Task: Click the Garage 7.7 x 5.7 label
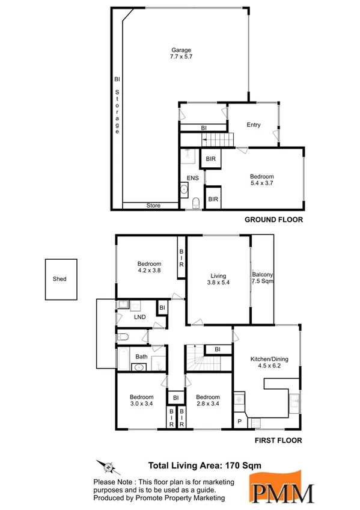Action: point(181,53)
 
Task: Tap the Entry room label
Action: point(254,124)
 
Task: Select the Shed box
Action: point(60,279)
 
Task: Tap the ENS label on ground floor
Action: point(192,178)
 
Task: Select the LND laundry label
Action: point(139,316)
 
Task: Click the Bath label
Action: point(141,357)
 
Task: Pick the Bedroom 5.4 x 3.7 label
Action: point(262,180)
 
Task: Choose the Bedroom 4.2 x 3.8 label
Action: point(149,268)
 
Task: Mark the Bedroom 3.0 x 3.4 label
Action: point(142,401)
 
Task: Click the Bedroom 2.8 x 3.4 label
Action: point(207,401)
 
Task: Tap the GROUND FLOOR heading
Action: point(273,220)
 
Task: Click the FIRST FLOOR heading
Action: point(278,440)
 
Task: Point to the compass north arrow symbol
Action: point(107,466)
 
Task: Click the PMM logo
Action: point(282,487)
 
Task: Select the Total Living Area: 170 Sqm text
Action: point(204,465)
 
